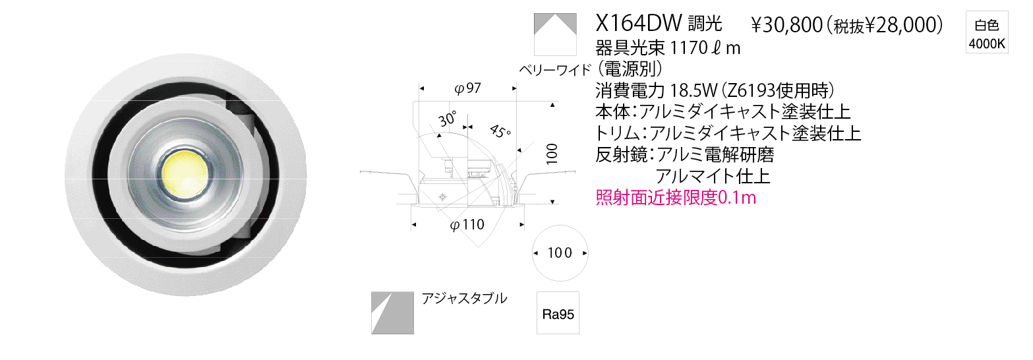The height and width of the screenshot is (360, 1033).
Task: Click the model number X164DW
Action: (639, 22)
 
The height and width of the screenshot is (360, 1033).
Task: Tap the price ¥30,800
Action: (786, 25)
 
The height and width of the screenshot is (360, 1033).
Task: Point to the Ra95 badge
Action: (558, 313)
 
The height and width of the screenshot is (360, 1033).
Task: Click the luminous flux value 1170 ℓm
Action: (705, 47)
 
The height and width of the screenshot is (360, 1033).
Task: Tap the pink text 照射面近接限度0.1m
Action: (676, 198)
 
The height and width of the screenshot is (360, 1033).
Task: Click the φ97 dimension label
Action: (467, 88)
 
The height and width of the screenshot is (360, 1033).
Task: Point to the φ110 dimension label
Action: (467, 225)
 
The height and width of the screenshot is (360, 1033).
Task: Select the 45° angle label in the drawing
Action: (500, 131)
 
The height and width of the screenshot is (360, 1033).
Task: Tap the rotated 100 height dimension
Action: (552, 154)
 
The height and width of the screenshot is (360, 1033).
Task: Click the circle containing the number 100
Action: (560, 253)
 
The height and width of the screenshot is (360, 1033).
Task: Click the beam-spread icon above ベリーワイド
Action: (555, 34)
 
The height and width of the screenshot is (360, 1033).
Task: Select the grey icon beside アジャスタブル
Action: (392, 313)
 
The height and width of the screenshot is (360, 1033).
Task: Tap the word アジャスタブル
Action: (464, 299)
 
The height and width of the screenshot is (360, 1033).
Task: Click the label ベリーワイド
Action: (555, 70)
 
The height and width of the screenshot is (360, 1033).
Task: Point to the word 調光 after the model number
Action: (705, 23)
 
